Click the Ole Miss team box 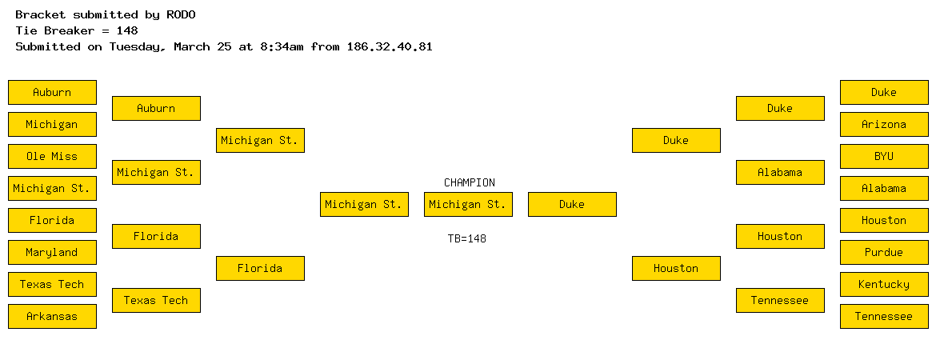coord(52,157)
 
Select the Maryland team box coord(52,252)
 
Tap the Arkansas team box coord(52,317)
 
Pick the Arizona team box coord(884,125)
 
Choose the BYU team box coord(884,157)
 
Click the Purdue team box coord(884,252)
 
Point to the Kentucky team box coord(884,284)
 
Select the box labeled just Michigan coord(52,125)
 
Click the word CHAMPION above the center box coord(470,182)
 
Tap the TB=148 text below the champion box coord(467,238)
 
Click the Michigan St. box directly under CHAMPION coord(468,205)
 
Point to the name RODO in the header coord(182,14)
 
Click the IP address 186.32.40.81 coord(390,46)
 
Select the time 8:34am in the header coord(282,46)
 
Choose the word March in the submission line coord(192,46)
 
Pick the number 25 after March coord(225,46)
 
